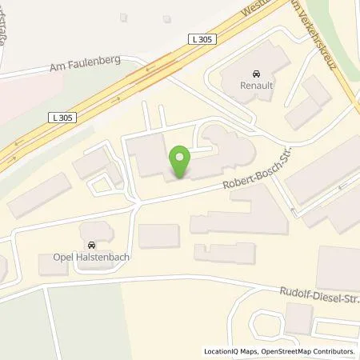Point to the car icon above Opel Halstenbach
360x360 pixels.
(x=90, y=243)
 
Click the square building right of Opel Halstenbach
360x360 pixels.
(x=158, y=236)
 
